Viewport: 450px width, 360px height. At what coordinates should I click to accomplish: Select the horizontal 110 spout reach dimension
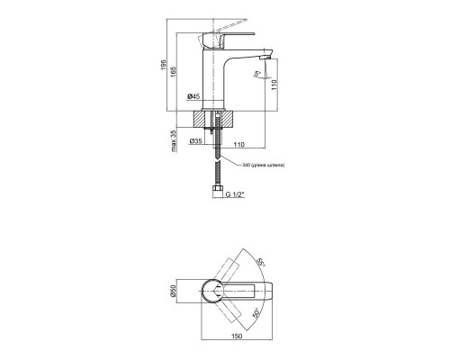click(239, 141)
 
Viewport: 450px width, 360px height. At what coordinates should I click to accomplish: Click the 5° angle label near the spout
click(257, 75)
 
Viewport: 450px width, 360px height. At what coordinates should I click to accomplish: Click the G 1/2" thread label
click(237, 193)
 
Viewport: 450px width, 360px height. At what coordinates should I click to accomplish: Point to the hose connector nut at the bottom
click(217, 192)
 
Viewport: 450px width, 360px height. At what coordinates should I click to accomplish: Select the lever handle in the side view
click(236, 33)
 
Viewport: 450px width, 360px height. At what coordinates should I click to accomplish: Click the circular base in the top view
click(213, 290)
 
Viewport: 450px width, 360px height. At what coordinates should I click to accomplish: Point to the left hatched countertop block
click(203, 120)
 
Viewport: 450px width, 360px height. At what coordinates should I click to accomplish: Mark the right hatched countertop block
click(228, 120)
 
